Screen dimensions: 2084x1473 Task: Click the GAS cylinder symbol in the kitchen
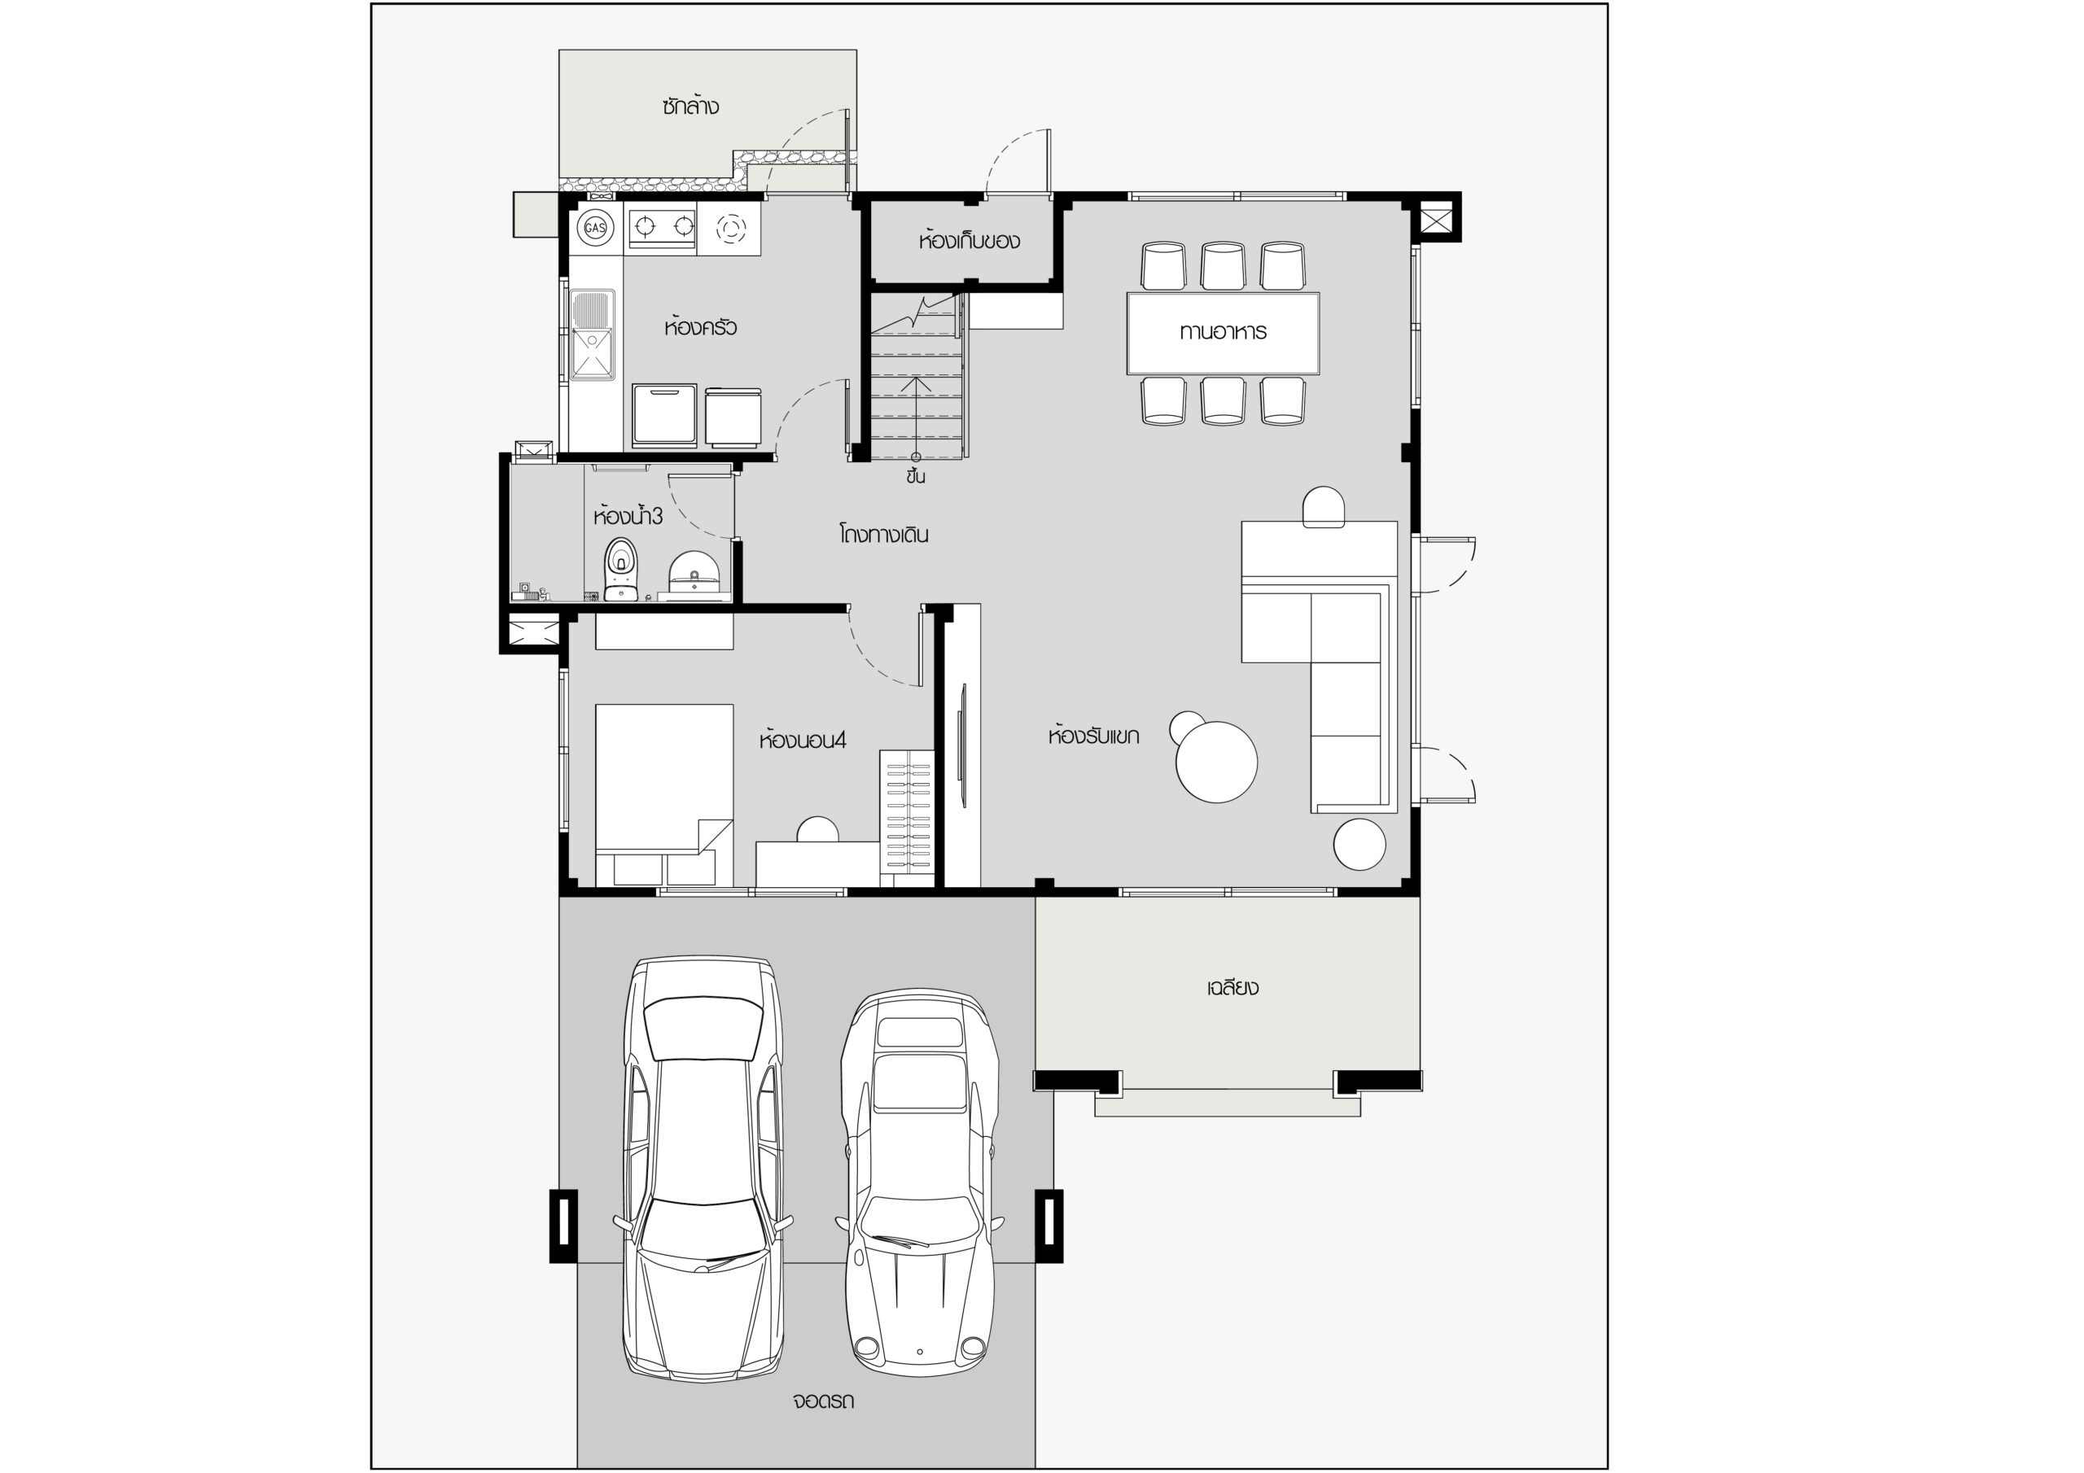(594, 227)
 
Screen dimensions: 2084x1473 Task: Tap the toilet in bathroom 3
(621, 568)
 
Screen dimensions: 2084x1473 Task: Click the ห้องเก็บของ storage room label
(969, 241)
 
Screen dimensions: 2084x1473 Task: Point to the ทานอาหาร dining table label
(1223, 331)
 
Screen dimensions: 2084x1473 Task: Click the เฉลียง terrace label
(1232, 987)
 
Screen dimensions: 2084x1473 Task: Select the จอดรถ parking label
(822, 1401)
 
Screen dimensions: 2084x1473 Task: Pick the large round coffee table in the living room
(1216, 762)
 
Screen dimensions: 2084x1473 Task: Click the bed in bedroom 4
(664, 794)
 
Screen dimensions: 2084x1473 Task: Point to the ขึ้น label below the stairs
(915, 475)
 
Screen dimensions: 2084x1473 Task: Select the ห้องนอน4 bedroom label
(803, 740)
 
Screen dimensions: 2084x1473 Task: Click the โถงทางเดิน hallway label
(883, 534)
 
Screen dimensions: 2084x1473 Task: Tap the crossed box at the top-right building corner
(1435, 220)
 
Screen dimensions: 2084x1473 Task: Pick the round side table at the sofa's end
(1359, 844)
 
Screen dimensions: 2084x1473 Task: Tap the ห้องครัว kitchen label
(700, 326)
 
